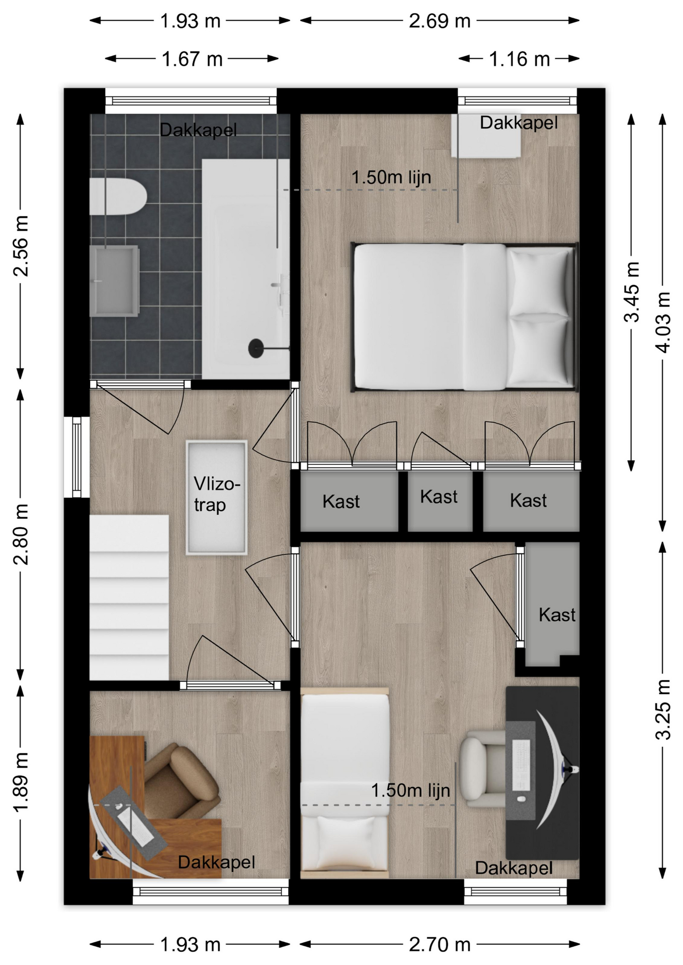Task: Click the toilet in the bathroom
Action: pyautogui.click(x=118, y=196)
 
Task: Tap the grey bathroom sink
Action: pyautogui.click(x=114, y=281)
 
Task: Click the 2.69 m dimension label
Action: pyautogui.click(x=439, y=21)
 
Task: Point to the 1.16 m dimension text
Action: pyautogui.click(x=520, y=59)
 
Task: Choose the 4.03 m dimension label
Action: pyautogui.click(x=663, y=322)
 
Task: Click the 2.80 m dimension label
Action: pyautogui.click(x=21, y=534)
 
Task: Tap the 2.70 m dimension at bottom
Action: pyautogui.click(x=439, y=945)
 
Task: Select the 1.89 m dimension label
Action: pyautogui.click(x=21, y=783)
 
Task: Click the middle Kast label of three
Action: pyautogui.click(x=439, y=497)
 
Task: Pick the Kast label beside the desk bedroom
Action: pyautogui.click(x=557, y=615)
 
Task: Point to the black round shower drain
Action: pyautogui.click(x=256, y=348)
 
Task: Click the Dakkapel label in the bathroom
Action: pyautogui.click(x=198, y=130)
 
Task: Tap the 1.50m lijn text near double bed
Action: pyautogui.click(x=391, y=177)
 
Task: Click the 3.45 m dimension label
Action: pyautogui.click(x=632, y=292)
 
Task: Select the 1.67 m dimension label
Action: pyautogui.click(x=192, y=59)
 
